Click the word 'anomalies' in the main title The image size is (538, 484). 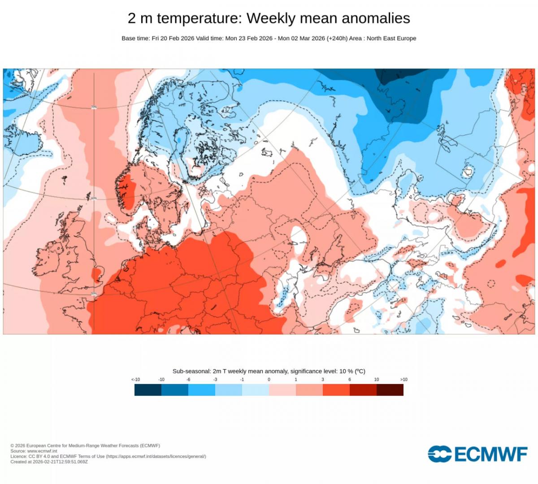pos(376,18)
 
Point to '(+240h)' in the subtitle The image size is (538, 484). pos(337,39)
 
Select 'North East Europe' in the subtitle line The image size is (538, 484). pos(391,39)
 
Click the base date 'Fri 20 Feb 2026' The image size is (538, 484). pos(173,39)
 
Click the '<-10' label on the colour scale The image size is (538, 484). pos(135,380)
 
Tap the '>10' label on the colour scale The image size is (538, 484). pos(403,380)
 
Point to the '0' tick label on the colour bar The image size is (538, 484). pos(269,380)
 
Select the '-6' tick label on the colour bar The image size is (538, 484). pos(188,380)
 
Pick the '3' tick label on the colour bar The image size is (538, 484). pos(323,380)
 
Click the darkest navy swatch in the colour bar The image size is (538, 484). pos(148,390)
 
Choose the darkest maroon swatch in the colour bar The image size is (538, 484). pos(390,390)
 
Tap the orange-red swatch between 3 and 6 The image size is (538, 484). pos(336,390)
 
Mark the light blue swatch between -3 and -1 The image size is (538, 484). pos(229,390)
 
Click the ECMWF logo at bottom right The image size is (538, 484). pos(477,454)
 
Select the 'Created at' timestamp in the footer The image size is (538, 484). pos(49,462)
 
